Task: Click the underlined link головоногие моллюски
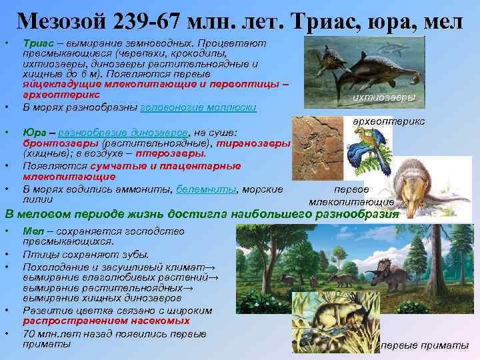[x=198, y=107]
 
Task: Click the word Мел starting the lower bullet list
[x=32, y=231]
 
